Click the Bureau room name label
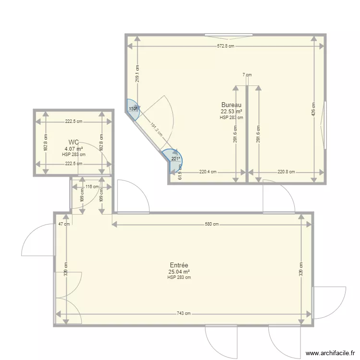231,105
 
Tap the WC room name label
73,142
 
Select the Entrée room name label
179,265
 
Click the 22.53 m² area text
231,111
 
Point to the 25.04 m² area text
179,272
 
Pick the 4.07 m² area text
73,149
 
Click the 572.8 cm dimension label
226,47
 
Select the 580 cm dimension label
212,224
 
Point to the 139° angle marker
133,109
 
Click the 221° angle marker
176,159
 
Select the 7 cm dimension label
247,75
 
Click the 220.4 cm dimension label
208,172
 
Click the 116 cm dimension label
92,187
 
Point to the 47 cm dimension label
64,224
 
